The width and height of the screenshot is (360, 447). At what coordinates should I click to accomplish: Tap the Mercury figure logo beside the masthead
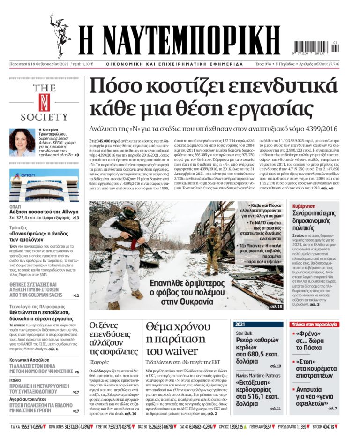pos(60,36)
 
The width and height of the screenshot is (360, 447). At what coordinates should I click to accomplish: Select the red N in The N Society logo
pos(44,102)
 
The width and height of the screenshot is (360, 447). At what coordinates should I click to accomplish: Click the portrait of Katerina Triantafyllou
pos(22,142)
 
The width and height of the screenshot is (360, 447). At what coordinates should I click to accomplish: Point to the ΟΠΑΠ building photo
pos(44,185)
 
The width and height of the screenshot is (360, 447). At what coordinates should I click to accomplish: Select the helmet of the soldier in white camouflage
pos(128,209)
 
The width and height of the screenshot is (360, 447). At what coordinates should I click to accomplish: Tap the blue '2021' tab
pos(240,324)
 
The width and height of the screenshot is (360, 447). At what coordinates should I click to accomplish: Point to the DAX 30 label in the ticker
pos(144,427)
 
